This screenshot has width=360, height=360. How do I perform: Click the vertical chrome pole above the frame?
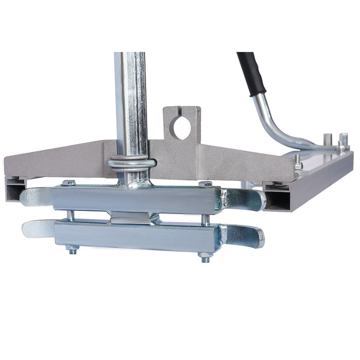pos(131,103)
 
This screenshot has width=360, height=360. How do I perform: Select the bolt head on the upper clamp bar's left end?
pos(69,183)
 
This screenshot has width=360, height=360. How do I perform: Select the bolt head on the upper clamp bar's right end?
pos(206,184)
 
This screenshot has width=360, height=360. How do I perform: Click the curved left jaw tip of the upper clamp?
pos(33,196)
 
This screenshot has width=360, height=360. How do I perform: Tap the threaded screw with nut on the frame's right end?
pos(298,165)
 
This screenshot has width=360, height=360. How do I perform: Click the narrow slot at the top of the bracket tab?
pos(182,113)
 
